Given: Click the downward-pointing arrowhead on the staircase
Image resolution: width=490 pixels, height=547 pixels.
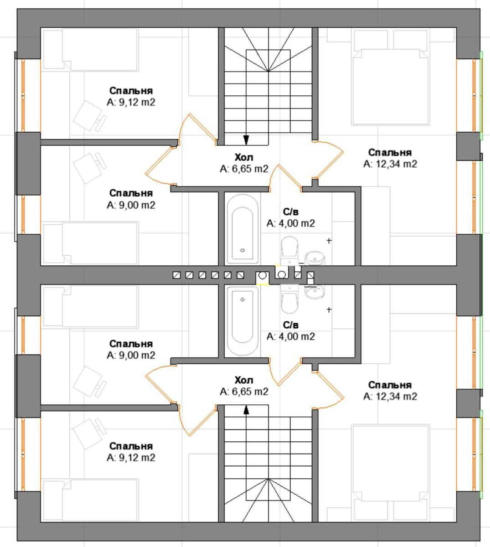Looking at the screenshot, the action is [246, 139].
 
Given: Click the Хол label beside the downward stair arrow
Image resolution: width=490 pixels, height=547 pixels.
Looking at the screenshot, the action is [244, 157].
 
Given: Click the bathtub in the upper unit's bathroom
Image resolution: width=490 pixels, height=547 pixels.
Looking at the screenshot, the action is [242, 229].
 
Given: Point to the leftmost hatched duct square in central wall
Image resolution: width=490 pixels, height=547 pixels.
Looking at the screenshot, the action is [176, 275].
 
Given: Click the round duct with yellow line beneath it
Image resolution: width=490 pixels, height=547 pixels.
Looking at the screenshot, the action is [263, 276].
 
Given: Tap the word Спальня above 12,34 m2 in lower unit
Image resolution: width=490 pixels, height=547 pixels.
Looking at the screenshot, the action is [390, 385].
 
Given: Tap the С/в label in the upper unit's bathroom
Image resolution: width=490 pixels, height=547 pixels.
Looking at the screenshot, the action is [291, 212].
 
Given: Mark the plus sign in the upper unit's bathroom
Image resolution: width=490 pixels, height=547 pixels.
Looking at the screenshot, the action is [329, 240].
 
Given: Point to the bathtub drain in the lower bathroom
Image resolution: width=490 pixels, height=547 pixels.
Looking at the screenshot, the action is [242, 299].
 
